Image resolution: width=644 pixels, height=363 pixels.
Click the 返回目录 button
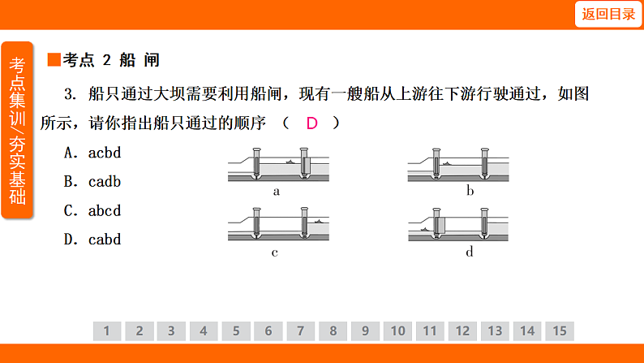tap(608, 15)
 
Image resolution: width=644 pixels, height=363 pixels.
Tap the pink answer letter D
tap(311, 123)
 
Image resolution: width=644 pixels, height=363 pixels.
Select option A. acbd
tap(92, 153)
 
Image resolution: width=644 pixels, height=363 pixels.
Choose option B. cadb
tap(92, 182)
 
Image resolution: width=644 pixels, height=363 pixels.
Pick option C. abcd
tap(92, 211)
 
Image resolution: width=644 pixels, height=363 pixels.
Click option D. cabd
tap(92, 240)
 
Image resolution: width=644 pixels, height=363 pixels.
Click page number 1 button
tap(107, 331)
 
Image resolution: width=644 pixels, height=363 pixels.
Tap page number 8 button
tap(333, 331)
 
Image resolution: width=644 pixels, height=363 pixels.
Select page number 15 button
tap(560, 331)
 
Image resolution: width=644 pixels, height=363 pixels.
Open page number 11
tap(430, 331)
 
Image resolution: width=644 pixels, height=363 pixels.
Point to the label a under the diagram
tap(277, 192)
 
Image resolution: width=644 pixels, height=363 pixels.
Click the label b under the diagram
tap(470, 191)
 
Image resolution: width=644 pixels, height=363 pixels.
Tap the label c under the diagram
tap(275, 253)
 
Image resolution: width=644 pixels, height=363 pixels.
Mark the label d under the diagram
tap(470, 251)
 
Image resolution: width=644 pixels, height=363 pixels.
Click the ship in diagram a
tap(291, 162)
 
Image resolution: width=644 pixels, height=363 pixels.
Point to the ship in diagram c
tap(318, 222)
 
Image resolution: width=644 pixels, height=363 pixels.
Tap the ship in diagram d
tap(425, 230)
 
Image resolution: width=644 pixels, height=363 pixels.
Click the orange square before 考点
tap(54, 59)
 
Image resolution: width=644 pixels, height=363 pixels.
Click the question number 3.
tap(71, 94)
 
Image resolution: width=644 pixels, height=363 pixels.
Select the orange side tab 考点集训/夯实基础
tap(17, 130)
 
